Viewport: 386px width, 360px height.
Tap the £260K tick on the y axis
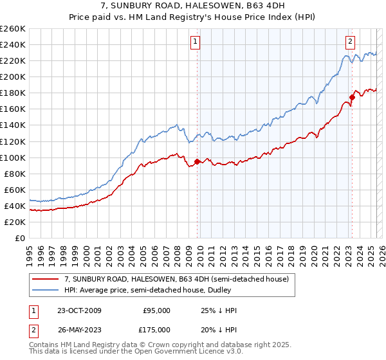13,29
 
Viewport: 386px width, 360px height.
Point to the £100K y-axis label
13,157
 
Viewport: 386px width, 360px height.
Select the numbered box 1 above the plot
195,42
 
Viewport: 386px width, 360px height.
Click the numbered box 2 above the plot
351,42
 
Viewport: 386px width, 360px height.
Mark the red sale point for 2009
196,161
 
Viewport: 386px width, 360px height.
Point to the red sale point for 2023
352,98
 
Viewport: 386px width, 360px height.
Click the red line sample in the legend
46,279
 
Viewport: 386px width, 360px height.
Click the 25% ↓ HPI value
219,310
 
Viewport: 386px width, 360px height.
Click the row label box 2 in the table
33,329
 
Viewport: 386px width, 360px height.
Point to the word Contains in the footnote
44,346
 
